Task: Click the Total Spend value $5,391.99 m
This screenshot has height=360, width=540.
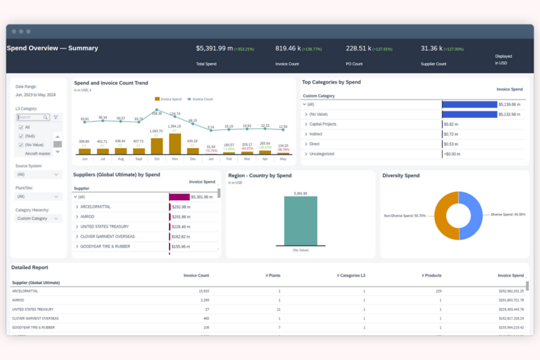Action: coord(214,49)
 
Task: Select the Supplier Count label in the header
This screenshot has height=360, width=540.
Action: coord(433,64)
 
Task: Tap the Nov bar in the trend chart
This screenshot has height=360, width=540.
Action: coord(175,144)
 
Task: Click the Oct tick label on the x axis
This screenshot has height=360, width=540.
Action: coord(157,159)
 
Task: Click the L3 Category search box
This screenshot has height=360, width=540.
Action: coord(31,117)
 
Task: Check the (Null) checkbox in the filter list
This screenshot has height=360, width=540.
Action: coord(21,136)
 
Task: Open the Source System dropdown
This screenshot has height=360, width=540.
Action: coord(38,175)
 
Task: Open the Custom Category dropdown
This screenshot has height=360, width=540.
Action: coord(38,218)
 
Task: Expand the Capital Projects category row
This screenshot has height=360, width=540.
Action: coord(306,124)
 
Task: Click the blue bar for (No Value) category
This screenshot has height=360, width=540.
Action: coord(469,115)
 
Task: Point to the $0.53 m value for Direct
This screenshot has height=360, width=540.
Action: coord(451,144)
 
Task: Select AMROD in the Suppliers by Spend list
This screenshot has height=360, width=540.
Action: coord(87,217)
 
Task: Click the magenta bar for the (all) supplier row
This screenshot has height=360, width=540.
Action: coord(179,197)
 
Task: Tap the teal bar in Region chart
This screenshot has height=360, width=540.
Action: coord(300,221)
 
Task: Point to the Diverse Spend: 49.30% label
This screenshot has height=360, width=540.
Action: coord(508,214)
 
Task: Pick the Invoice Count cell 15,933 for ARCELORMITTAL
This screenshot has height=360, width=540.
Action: coord(204,291)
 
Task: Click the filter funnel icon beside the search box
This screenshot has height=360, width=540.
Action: coord(56,117)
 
